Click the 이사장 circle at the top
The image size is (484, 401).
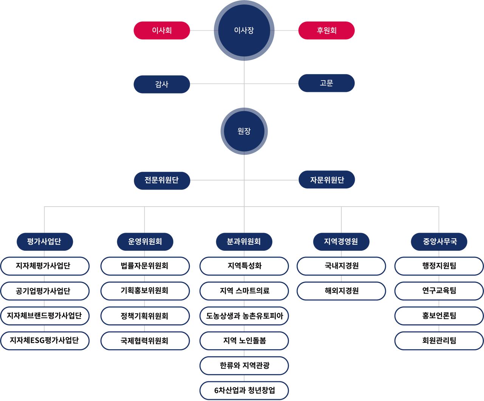(244, 30)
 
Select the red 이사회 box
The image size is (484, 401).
(162, 30)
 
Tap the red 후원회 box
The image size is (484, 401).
(326, 30)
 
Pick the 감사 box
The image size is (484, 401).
(162, 84)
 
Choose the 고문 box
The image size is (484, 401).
(326, 83)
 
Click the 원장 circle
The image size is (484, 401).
(244, 131)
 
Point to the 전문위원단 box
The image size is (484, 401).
(162, 181)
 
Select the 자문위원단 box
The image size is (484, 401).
(327, 180)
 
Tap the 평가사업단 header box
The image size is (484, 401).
(45, 242)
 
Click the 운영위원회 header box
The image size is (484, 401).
(145, 242)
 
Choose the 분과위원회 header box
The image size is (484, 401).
(244, 242)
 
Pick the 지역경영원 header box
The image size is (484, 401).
(341, 242)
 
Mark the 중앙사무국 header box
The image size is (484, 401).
(439, 242)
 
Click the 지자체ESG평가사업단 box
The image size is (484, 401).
(45, 341)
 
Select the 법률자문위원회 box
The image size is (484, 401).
(145, 266)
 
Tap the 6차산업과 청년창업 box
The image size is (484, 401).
(244, 390)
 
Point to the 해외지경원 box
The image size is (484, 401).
(341, 291)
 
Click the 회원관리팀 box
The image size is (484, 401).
(439, 341)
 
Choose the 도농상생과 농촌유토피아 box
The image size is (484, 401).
(244, 316)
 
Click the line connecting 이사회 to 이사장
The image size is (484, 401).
(202, 30)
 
